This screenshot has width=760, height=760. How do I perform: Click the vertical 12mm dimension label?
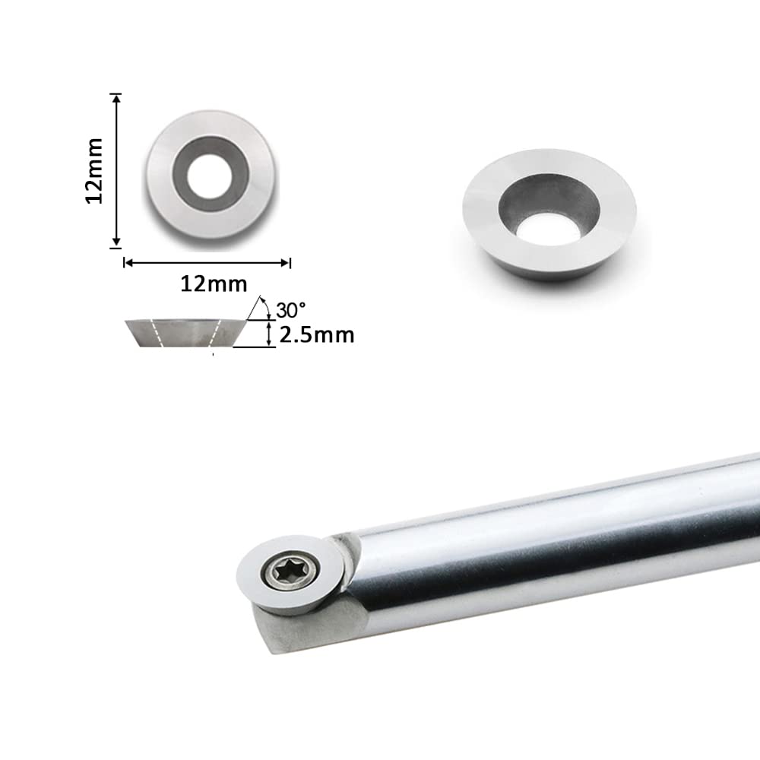[x=94, y=170]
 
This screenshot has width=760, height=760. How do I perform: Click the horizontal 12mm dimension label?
[x=214, y=283]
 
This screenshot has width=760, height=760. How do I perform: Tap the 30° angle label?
[x=291, y=310]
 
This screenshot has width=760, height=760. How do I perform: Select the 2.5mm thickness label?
[x=316, y=335]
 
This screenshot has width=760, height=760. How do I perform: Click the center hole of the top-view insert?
[x=211, y=176]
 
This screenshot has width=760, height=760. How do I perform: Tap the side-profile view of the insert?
[x=186, y=333]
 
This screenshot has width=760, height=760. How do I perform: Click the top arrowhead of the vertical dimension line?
[x=116, y=98]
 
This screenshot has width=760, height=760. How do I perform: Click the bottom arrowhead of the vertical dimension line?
[x=116, y=242]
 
